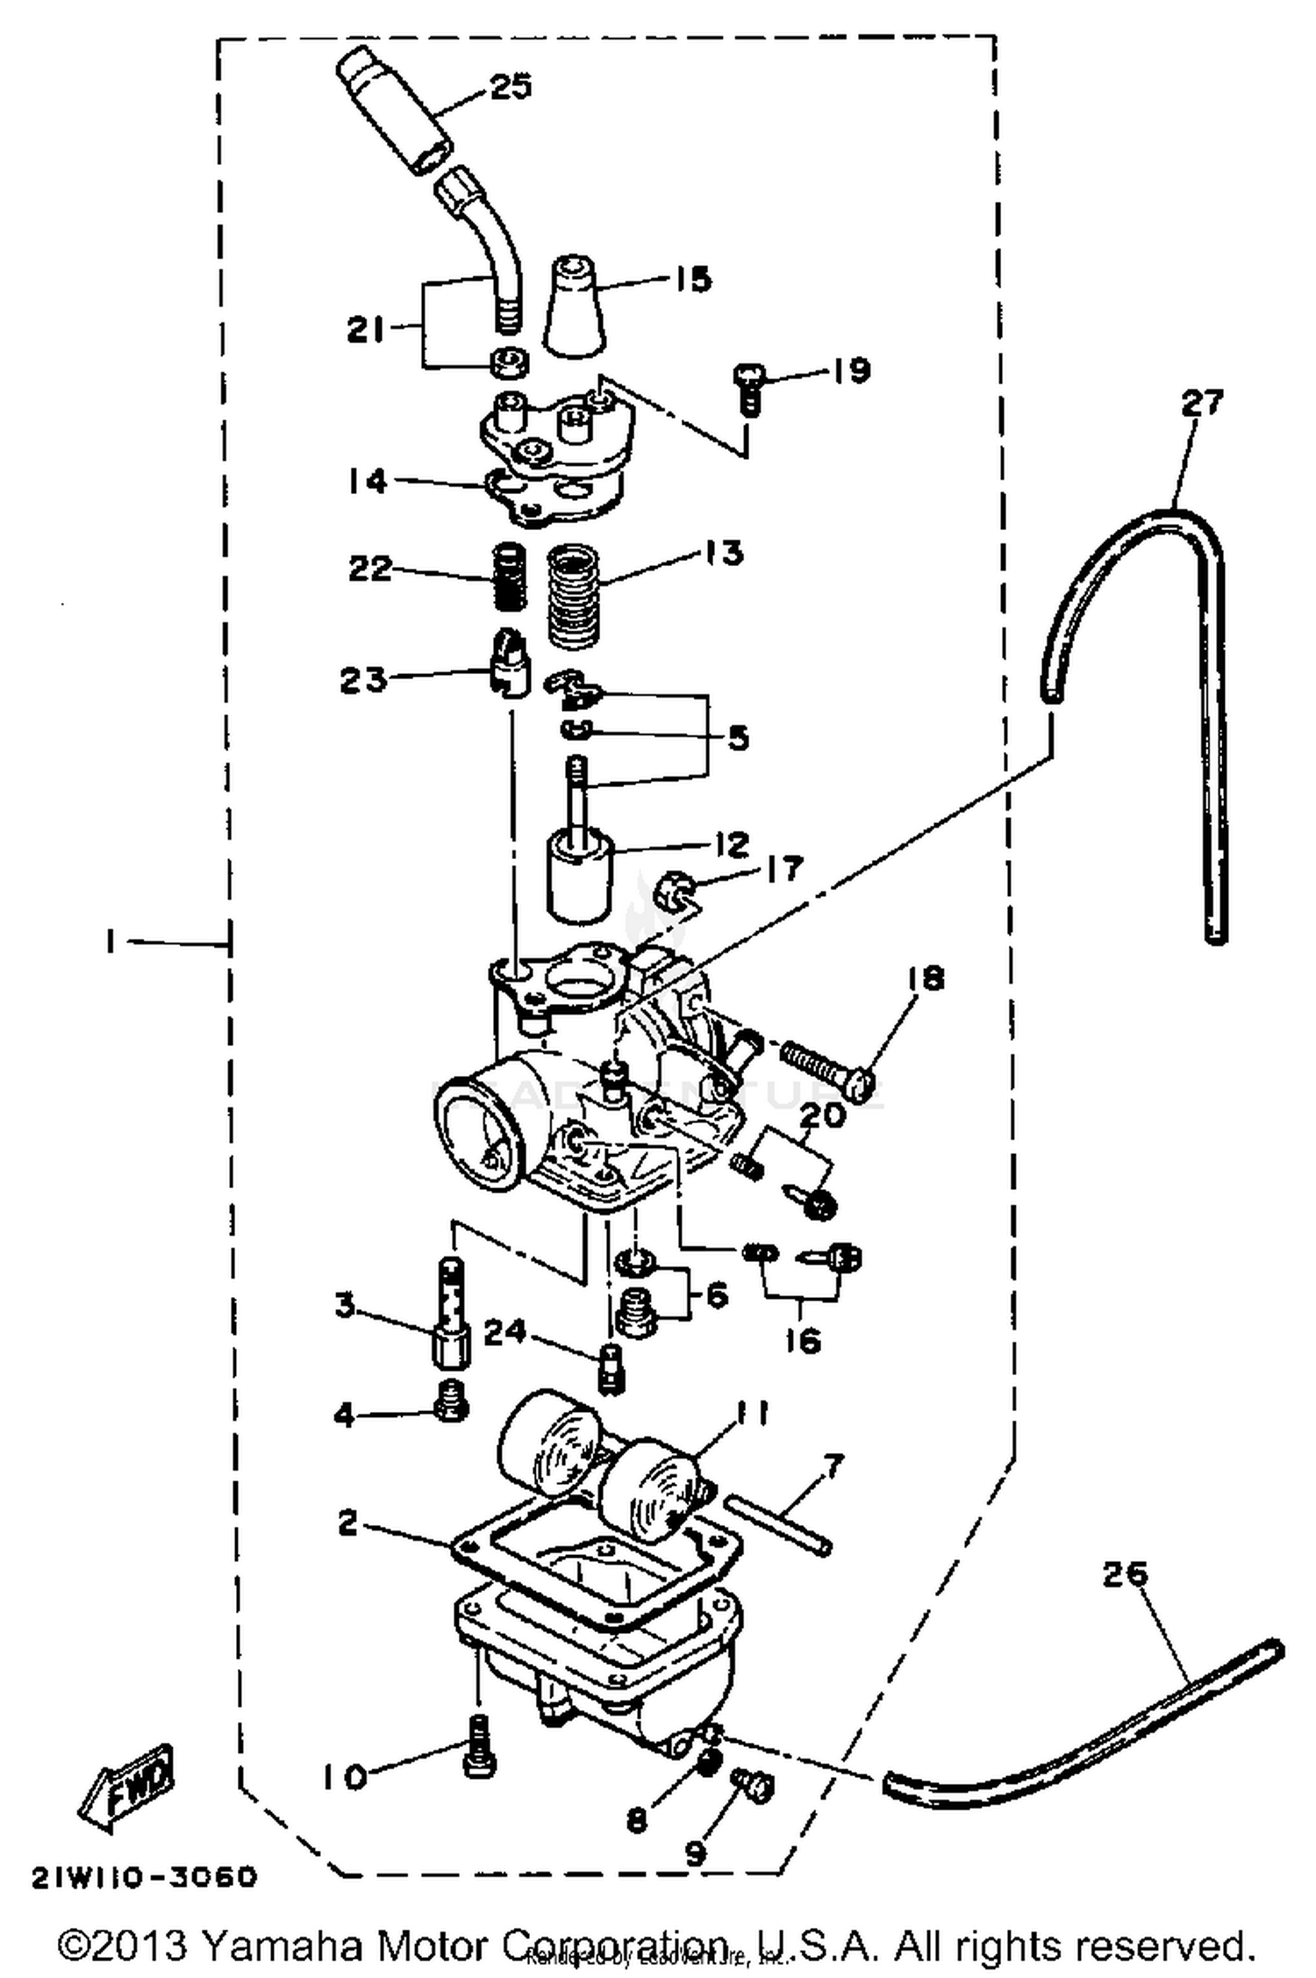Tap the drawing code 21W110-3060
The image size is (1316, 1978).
[x=146, y=1877]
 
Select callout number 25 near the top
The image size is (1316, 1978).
[x=510, y=87]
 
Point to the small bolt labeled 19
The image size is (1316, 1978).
[x=747, y=390]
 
